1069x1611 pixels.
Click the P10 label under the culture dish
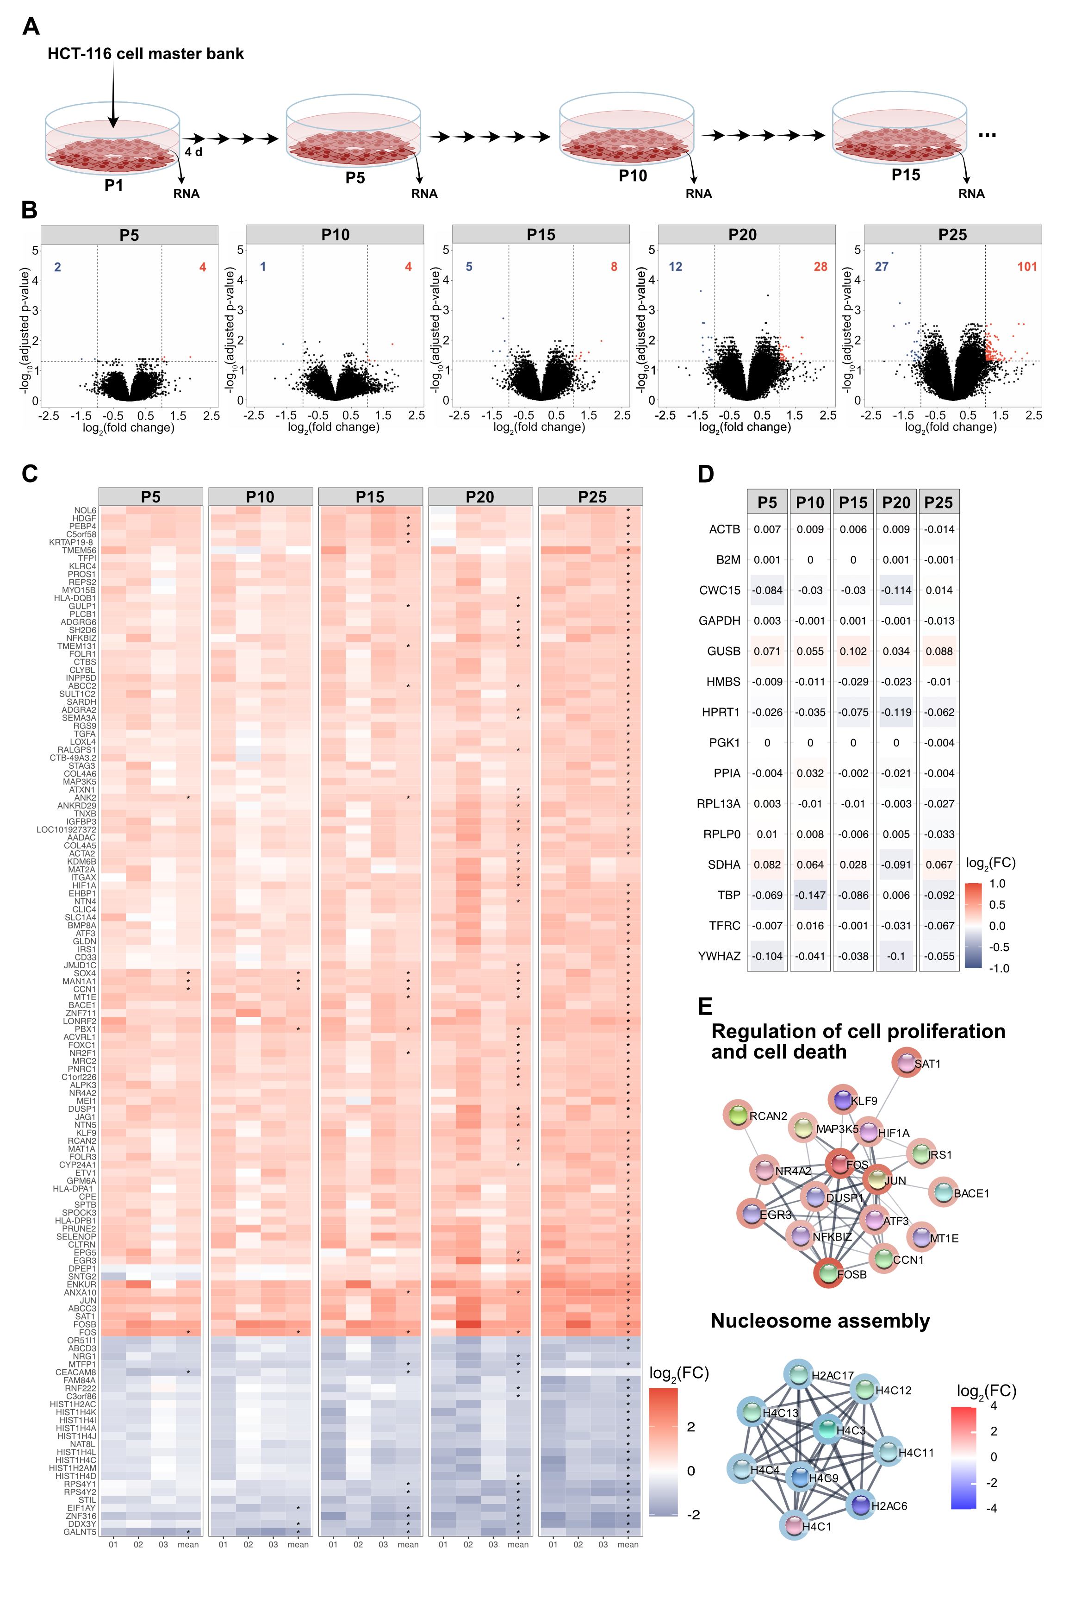[x=632, y=176]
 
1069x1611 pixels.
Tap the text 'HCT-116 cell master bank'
[x=145, y=54]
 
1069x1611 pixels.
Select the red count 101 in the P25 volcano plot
[x=1027, y=267]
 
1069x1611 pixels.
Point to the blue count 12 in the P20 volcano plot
[x=675, y=267]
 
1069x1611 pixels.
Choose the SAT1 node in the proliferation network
[x=907, y=1063]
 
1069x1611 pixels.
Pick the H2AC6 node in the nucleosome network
[x=861, y=1505]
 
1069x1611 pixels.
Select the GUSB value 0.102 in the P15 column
[x=853, y=652]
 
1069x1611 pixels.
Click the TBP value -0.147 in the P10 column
[x=810, y=895]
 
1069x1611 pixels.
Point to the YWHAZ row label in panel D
[x=719, y=956]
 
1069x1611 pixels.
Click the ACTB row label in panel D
[x=724, y=529]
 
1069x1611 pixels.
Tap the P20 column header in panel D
[x=896, y=503]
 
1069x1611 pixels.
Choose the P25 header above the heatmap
[x=592, y=497]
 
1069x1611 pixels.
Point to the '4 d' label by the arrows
[x=193, y=152]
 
